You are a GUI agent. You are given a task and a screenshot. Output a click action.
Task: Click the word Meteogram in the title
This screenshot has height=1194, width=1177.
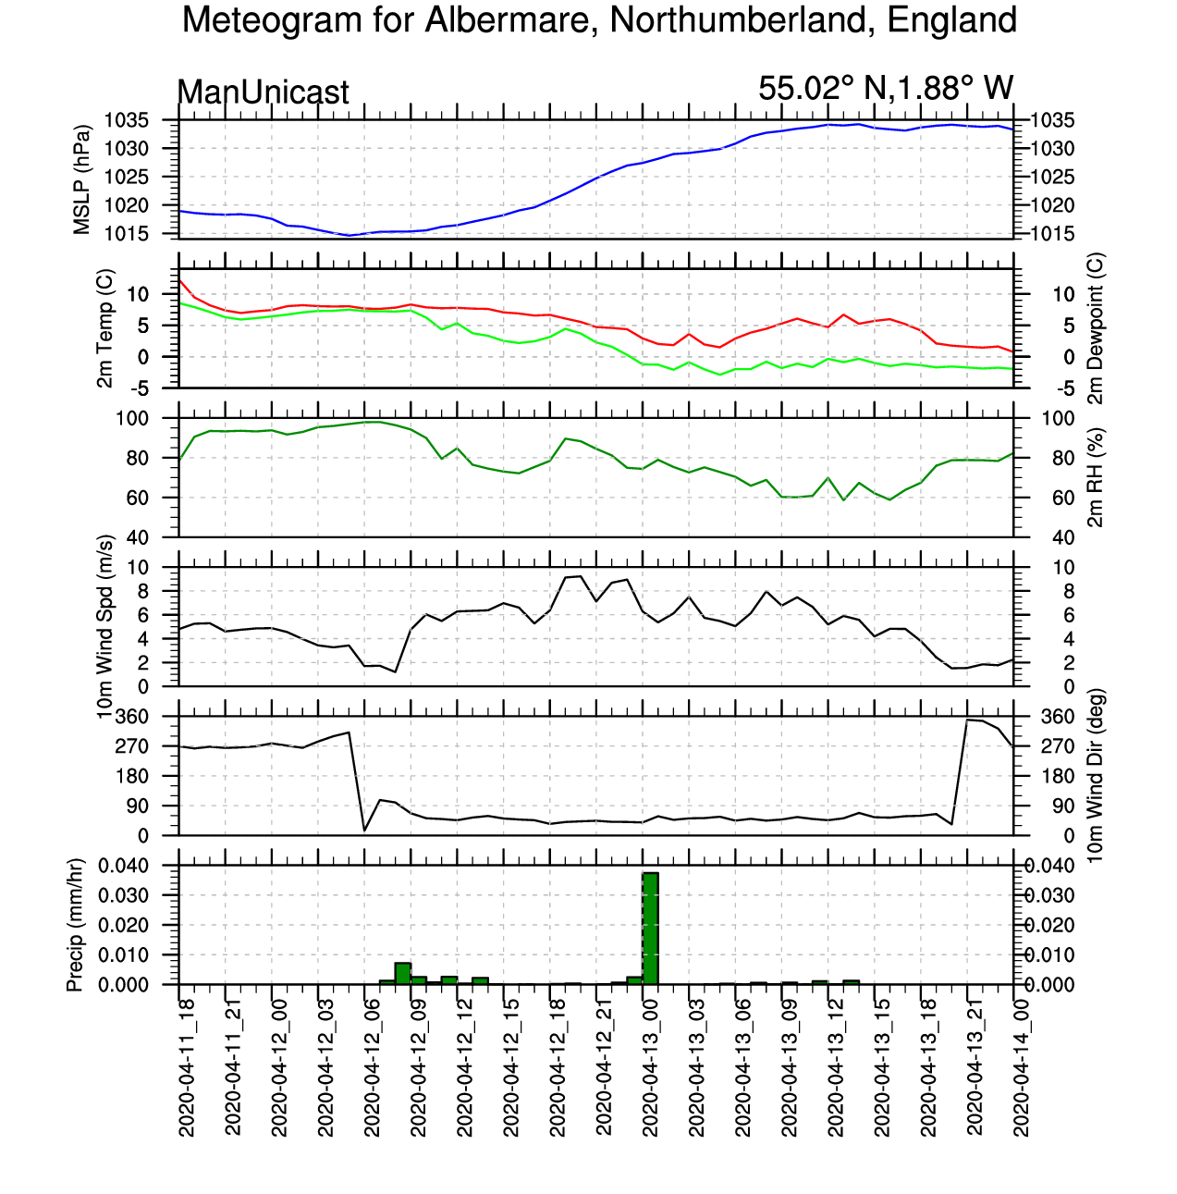coord(272,21)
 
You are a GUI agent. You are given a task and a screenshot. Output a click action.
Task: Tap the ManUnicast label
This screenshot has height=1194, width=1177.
coord(263,92)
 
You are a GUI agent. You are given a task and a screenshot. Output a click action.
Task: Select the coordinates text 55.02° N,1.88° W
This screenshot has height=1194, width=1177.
coord(885,88)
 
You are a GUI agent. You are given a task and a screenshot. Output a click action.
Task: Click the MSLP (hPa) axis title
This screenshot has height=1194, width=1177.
coord(81,179)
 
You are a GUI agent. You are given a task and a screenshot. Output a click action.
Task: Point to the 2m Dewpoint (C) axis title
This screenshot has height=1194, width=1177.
coord(1096,328)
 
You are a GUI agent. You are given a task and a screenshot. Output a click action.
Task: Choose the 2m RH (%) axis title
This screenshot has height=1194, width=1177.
coord(1096,477)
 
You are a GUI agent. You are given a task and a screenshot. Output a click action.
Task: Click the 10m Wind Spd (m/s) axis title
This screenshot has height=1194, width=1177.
coord(104,626)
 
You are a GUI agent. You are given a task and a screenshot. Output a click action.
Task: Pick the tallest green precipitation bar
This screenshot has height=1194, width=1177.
coord(650,929)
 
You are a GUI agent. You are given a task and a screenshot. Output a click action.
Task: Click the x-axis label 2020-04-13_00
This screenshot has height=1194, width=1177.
coord(650,1068)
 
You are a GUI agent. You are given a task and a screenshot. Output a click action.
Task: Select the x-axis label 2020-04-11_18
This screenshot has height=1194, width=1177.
coord(186,1068)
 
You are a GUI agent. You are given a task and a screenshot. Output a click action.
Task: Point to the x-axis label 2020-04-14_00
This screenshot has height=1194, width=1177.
coord(1020,1068)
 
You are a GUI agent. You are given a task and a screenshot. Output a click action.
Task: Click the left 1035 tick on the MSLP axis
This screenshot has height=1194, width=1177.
coord(127,120)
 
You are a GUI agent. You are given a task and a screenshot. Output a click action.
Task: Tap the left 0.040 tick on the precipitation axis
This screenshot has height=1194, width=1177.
coord(124,866)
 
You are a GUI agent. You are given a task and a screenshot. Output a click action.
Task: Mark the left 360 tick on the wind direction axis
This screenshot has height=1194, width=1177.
coord(132,717)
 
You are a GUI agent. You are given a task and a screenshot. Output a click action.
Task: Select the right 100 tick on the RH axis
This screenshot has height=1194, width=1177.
coord(1058,418)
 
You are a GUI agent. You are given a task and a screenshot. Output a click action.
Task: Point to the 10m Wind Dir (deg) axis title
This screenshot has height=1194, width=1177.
coord(1096,775)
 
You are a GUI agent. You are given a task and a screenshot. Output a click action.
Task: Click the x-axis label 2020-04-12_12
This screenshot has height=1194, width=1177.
coord(464,1068)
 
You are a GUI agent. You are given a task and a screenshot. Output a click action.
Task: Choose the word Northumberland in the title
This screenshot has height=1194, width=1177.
coord(742,19)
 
